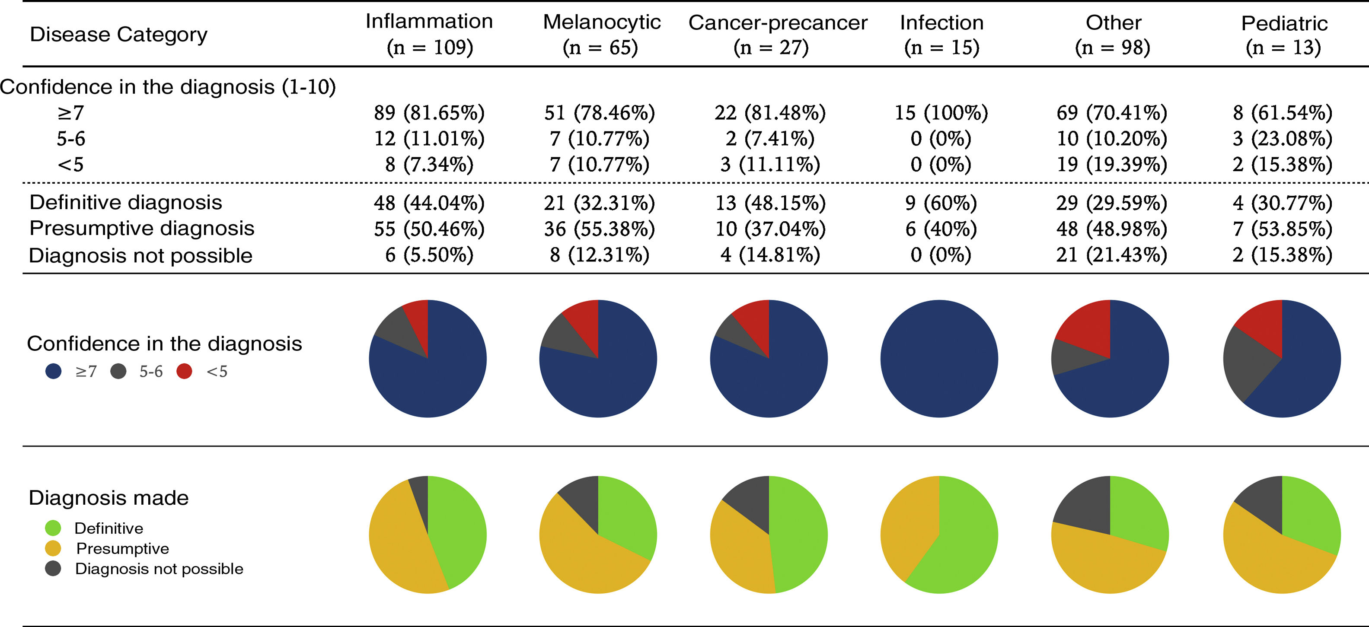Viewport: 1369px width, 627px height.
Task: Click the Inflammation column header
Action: coord(429,34)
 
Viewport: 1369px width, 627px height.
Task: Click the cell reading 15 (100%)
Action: coord(941,113)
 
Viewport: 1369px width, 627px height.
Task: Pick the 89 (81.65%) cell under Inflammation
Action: coord(429,113)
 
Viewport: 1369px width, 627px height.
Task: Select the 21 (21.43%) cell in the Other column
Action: coord(1111,255)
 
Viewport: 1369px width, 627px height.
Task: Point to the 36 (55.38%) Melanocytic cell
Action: coord(599,229)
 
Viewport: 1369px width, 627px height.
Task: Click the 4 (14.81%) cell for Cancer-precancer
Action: coord(769,255)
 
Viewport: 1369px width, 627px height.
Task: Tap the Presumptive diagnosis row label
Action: coord(141,229)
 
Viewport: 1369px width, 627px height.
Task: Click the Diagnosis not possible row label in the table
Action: coord(140,255)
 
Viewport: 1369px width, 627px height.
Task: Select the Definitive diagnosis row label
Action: coord(125,203)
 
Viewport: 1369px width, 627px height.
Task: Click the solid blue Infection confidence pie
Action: coord(939,359)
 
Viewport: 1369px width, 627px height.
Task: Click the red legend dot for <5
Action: coord(184,371)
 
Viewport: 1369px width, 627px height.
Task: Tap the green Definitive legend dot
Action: coord(53,528)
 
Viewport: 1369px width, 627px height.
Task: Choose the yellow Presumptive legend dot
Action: coord(53,548)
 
